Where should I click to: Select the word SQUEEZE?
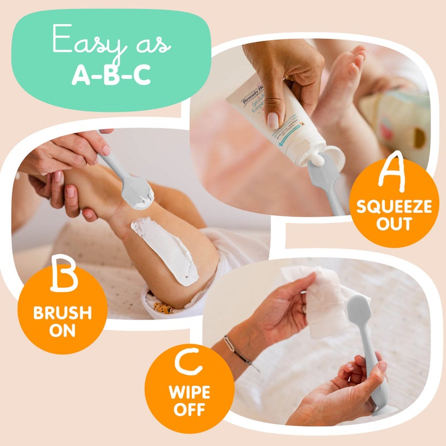click(394, 207)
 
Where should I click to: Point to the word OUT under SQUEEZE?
click(394, 224)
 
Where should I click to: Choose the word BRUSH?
click(62, 312)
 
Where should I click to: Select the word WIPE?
click(189, 392)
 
